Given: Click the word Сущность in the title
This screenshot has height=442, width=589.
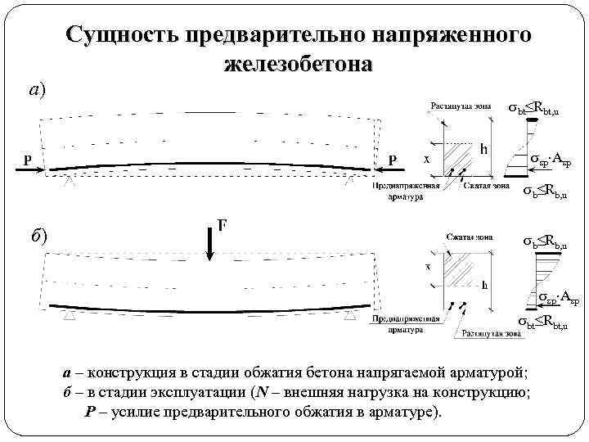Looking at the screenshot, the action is tap(122, 36).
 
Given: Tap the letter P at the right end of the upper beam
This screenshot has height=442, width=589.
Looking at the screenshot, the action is tap(393, 160).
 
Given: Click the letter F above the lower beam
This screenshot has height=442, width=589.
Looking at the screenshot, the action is tap(222, 223).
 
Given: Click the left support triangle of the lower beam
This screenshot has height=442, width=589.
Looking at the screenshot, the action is tap(70, 313).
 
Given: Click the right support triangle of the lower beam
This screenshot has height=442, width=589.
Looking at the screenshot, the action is tap(351, 313).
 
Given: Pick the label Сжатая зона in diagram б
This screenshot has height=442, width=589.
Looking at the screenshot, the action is tap(469, 237).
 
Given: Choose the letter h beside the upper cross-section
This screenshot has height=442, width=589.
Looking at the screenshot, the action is tap(484, 150).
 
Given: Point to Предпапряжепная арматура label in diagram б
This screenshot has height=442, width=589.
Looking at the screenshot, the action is tap(397, 325).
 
